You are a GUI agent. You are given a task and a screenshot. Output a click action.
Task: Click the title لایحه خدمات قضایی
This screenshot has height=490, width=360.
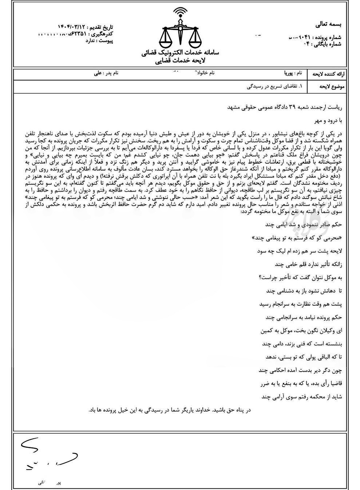click(180, 62)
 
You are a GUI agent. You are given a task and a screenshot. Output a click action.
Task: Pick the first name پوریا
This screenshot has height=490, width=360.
click(286, 73)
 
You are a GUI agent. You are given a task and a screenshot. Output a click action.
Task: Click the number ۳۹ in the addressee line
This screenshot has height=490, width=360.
click(292, 107)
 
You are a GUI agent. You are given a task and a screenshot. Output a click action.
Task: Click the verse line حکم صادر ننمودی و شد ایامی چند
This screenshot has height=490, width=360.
click(304, 225)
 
